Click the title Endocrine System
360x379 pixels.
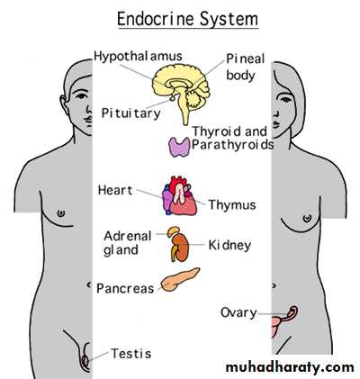(x=187, y=19)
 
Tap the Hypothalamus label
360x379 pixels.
(x=139, y=57)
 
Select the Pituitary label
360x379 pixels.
(x=131, y=113)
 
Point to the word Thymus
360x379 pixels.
(x=232, y=205)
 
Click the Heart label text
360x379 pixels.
(x=115, y=190)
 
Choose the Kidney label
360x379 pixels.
(x=229, y=246)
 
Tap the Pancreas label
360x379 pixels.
(x=125, y=289)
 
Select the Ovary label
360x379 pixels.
(x=238, y=313)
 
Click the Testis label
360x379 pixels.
(x=131, y=354)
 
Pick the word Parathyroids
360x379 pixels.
(x=233, y=145)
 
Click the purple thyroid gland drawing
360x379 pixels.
(x=179, y=147)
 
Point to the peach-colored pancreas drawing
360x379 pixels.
(x=180, y=279)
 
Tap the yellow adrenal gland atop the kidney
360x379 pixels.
(x=174, y=231)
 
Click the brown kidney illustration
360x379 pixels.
(x=181, y=248)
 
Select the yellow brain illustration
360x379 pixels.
(x=182, y=87)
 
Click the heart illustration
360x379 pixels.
(x=180, y=195)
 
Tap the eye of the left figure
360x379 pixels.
(x=81, y=96)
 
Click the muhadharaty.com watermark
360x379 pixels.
(x=290, y=367)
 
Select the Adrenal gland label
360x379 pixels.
(x=128, y=243)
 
